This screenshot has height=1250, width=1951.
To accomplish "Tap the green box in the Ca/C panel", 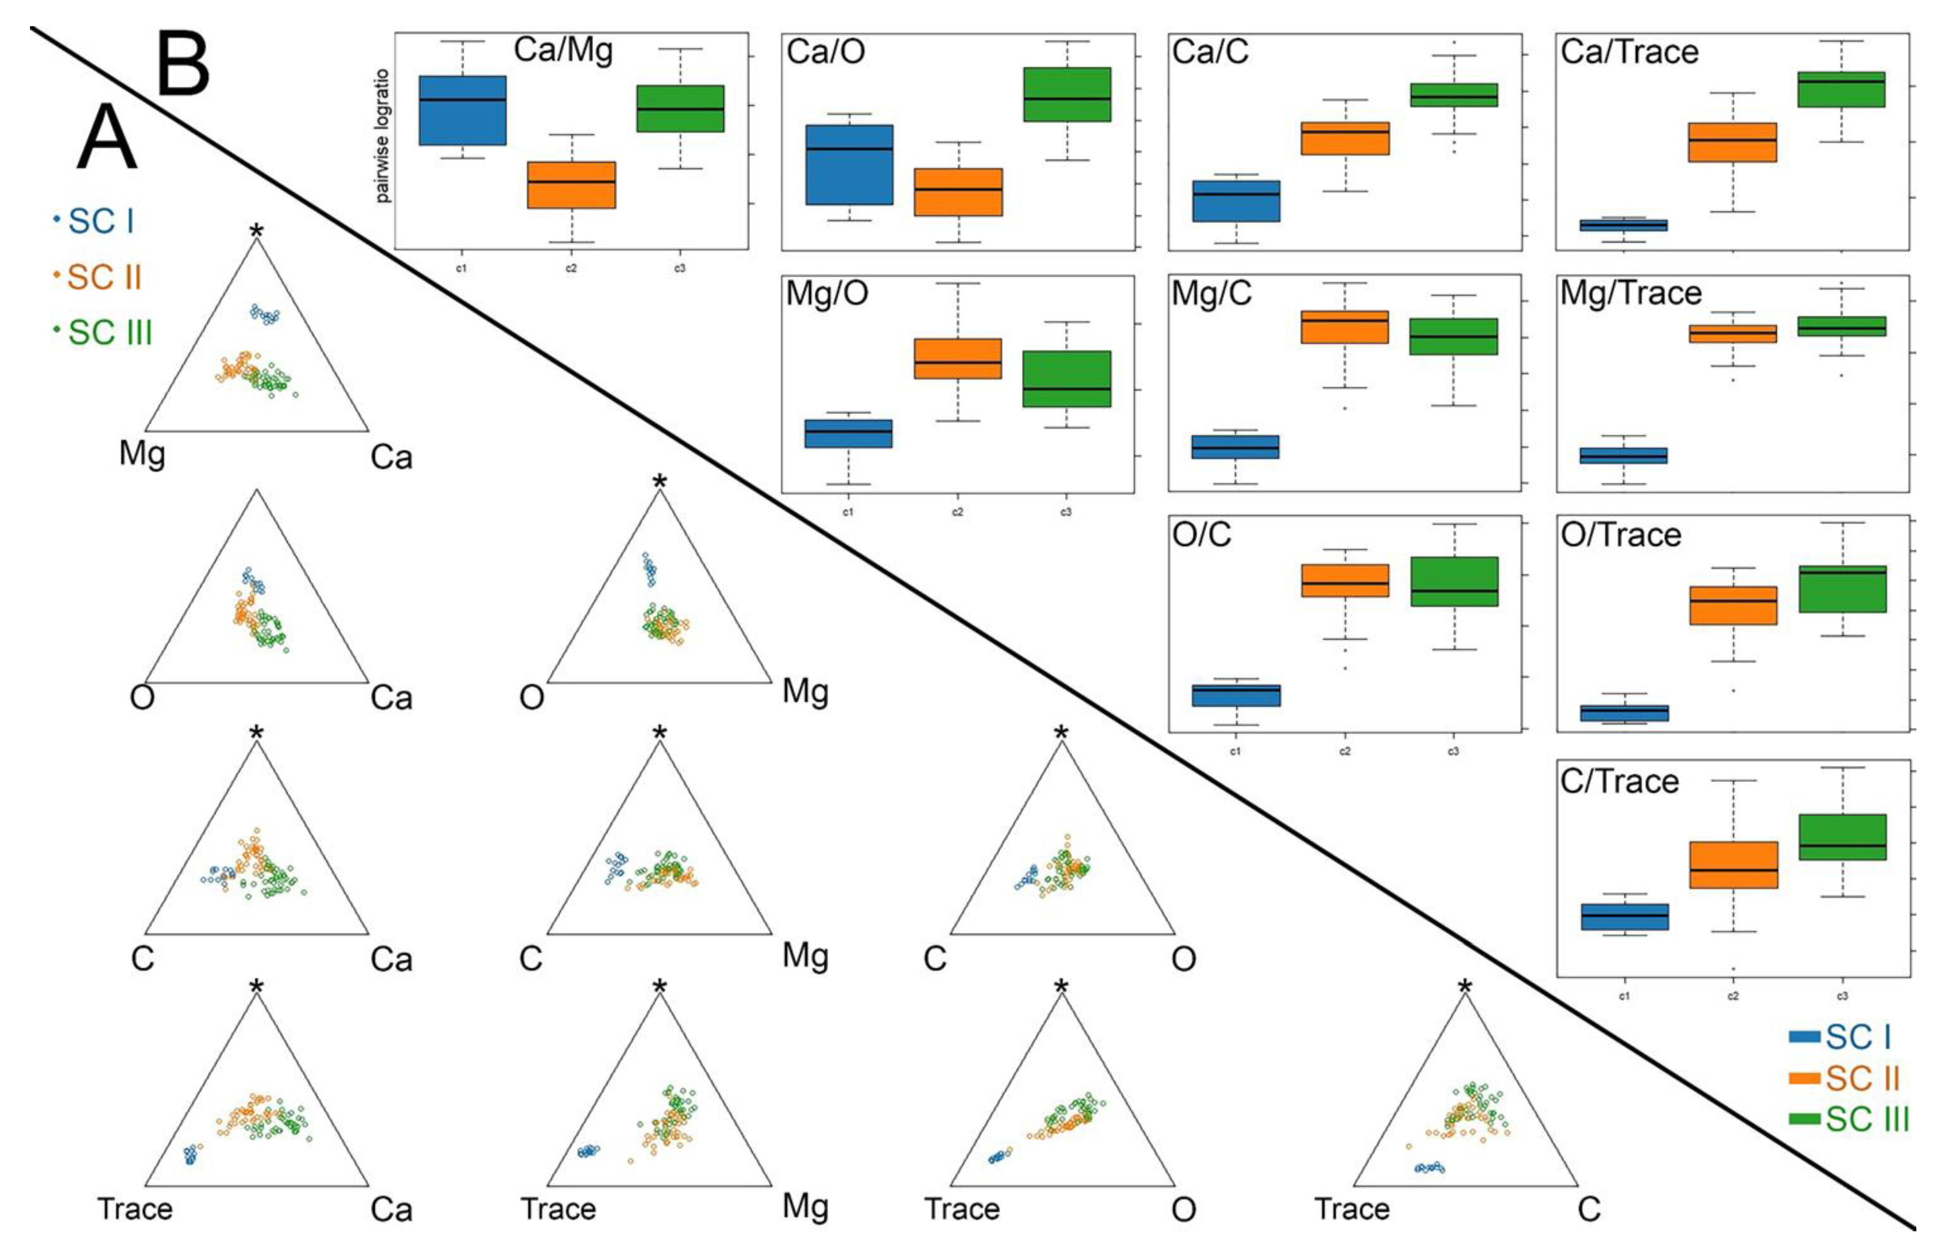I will point(1454,95).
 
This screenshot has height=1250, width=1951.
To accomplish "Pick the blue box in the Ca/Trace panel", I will point(1623,225).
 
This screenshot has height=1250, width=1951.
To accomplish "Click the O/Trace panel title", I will point(1621,536).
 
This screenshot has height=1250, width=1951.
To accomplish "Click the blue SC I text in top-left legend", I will point(101,221).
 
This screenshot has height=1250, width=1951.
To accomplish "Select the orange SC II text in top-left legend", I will point(104,278).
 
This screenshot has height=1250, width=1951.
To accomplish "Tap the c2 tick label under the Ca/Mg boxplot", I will point(571,268).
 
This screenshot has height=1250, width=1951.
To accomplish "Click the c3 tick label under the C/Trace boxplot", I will point(1842,996).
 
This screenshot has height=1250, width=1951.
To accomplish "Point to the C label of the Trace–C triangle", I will point(1589,1209).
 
